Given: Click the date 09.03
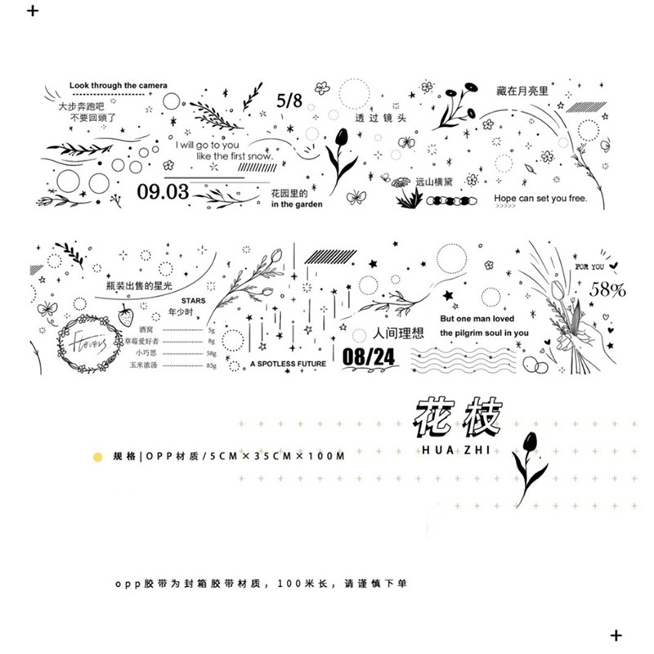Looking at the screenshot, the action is (x=163, y=192).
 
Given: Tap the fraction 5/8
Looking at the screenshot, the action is (x=289, y=101).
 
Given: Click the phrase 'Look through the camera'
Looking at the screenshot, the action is (x=119, y=85).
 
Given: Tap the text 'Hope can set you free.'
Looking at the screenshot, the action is (x=540, y=198).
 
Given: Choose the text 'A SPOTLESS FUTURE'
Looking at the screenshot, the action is (x=289, y=363).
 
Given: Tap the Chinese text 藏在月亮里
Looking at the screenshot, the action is (x=524, y=92).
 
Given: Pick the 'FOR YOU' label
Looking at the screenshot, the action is (x=589, y=267).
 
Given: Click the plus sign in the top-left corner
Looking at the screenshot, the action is (x=32, y=12).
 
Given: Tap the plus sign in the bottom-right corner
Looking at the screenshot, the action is (x=616, y=635).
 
